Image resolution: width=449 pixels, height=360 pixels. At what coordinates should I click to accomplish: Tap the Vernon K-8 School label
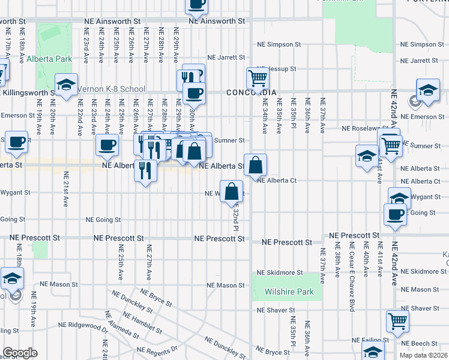(x=111, y=89)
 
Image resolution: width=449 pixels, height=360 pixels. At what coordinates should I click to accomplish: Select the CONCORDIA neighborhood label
(x=252, y=92)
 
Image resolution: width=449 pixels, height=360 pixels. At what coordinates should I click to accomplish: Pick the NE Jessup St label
(x=278, y=69)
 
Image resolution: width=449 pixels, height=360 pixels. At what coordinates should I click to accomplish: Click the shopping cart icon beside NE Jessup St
(x=257, y=77)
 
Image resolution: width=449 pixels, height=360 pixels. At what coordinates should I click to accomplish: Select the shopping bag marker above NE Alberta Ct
(x=255, y=164)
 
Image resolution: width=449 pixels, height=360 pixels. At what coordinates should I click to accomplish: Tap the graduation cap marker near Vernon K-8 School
(x=66, y=84)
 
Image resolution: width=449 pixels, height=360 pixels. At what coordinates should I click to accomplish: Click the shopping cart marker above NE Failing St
(x=397, y=321)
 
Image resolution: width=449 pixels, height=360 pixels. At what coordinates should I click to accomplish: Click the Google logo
(x=20, y=353)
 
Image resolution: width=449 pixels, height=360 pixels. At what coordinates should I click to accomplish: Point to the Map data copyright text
(x=423, y=355)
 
